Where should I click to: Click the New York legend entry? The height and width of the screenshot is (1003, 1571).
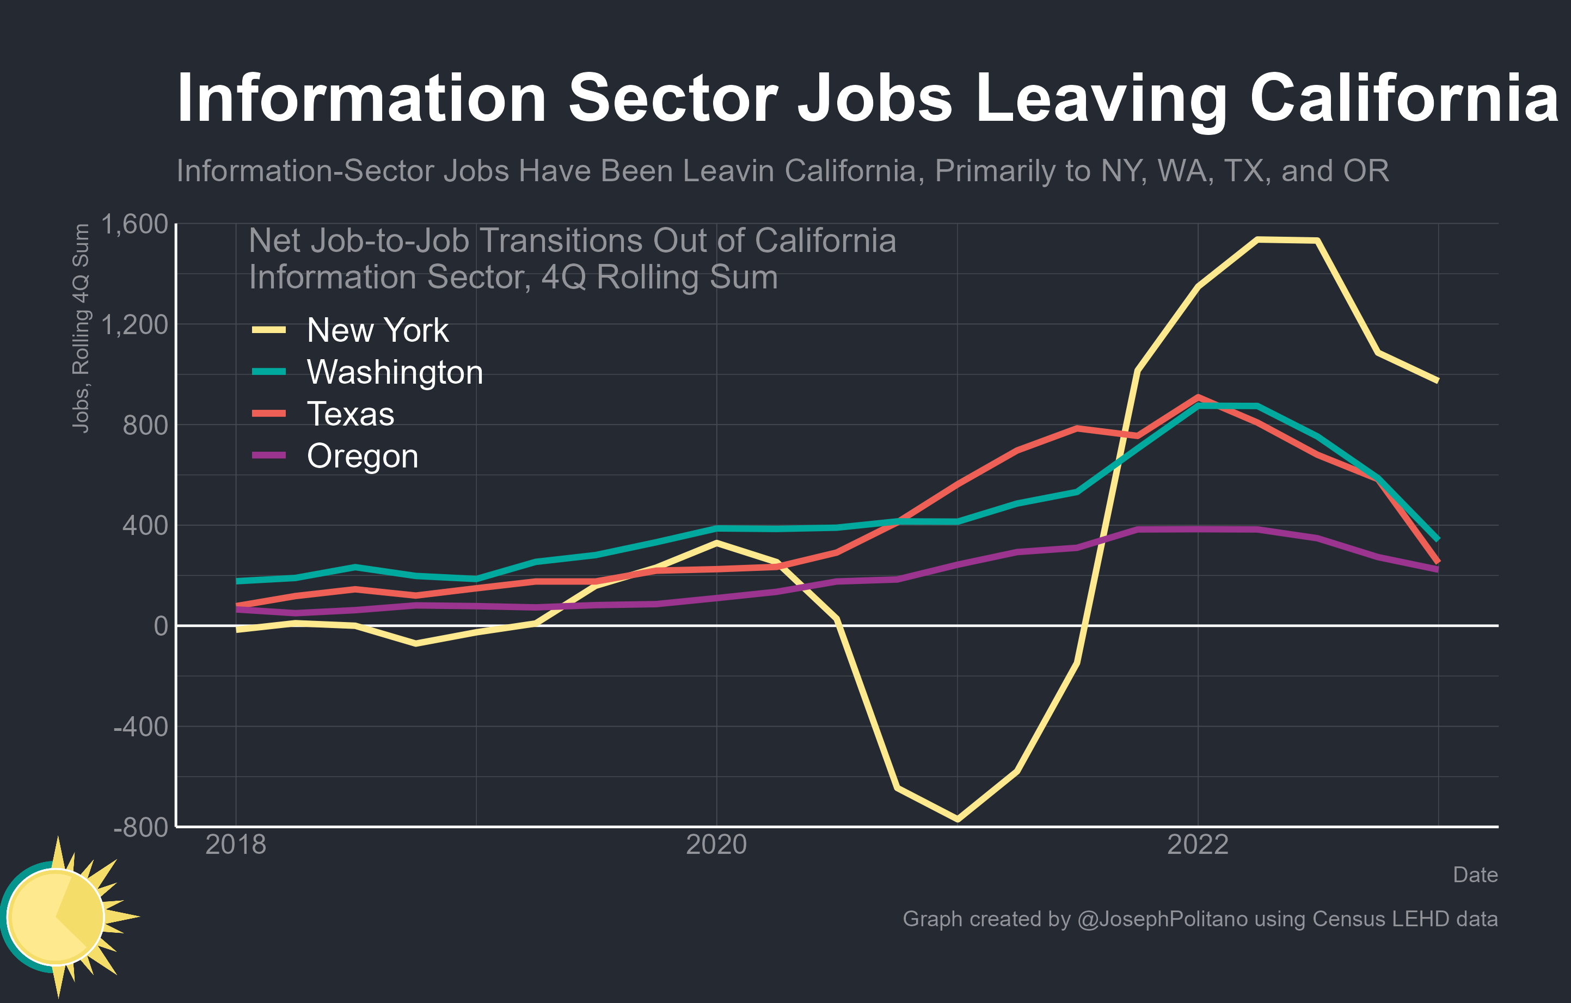[377, 330]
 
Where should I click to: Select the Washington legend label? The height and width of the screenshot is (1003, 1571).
[394, 372]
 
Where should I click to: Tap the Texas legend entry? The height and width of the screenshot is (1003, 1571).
[351, 414]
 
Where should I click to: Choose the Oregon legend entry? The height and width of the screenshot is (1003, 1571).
[362, 456]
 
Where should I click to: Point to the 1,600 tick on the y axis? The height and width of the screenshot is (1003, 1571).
[134, 224]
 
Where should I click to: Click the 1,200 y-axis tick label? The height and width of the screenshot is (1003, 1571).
[134, 324]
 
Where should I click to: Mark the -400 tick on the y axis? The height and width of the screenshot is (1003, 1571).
[140, 727]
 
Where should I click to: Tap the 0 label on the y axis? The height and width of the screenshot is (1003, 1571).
[161, 626]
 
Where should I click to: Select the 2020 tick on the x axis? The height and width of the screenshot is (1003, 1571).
[716, 845]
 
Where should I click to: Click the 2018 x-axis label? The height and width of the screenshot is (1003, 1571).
[236, 845]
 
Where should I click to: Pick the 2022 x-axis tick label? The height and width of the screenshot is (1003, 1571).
[1197, 845]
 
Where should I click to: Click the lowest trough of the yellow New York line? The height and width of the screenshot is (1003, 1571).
[957, 819]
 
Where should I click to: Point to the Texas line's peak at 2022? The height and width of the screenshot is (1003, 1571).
[1198, 397]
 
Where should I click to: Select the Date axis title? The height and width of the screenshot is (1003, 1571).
[1475, 875]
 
